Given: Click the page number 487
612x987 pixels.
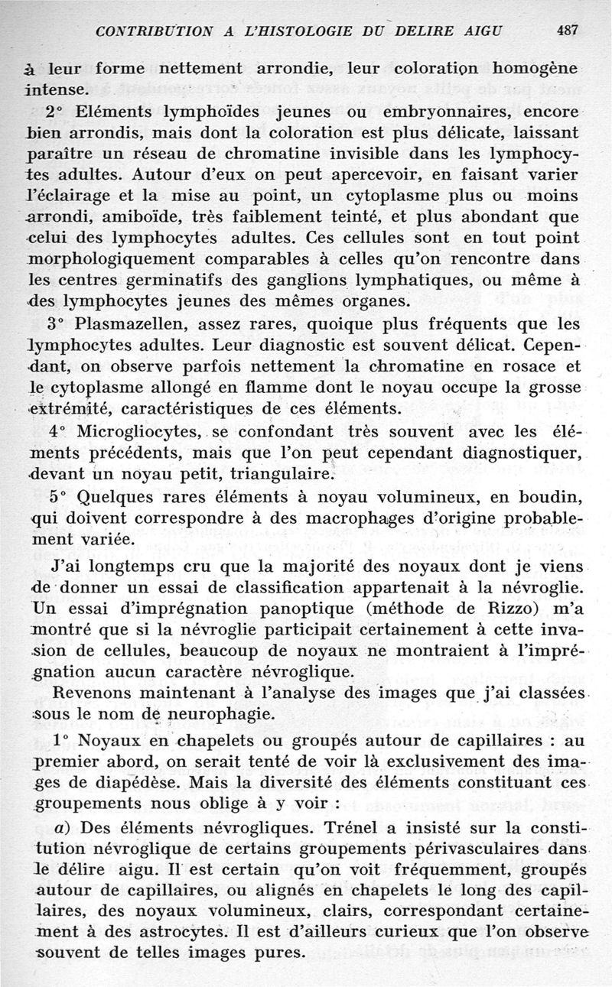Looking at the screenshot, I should tap(567, 31).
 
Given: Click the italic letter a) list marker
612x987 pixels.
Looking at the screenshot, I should tap(63, 829).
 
